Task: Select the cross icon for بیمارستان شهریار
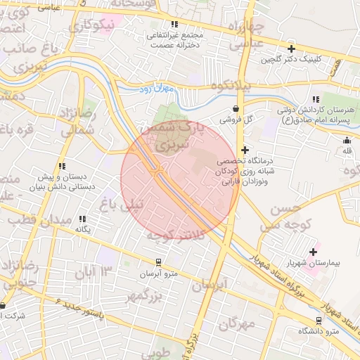(x=314, y=251)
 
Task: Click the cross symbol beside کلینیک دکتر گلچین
(x=291, y=49)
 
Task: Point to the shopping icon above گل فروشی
(x=234, y=109)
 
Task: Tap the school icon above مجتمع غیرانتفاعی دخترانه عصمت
(x=174, y=24)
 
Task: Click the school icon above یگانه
(x=84, y=219)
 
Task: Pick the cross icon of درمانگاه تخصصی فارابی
(x=245, y=150)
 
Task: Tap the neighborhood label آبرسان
(x=211, y=284)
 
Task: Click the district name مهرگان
(x=236, y=324)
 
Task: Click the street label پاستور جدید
(x=77, y=309)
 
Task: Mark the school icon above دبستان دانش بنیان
(x=63, y=167)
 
